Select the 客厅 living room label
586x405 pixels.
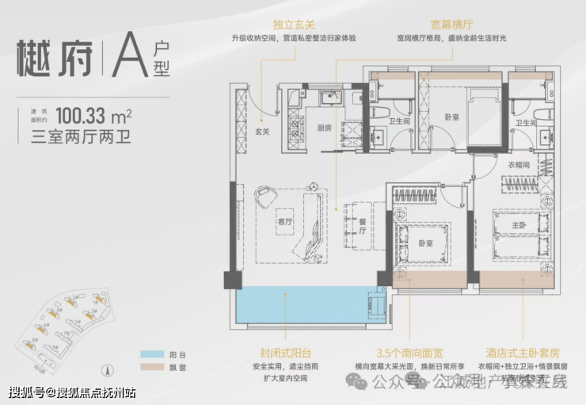click(285, 222)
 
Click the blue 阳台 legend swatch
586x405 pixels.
click(149, 356)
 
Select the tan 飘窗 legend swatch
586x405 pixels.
click(149, 370)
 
